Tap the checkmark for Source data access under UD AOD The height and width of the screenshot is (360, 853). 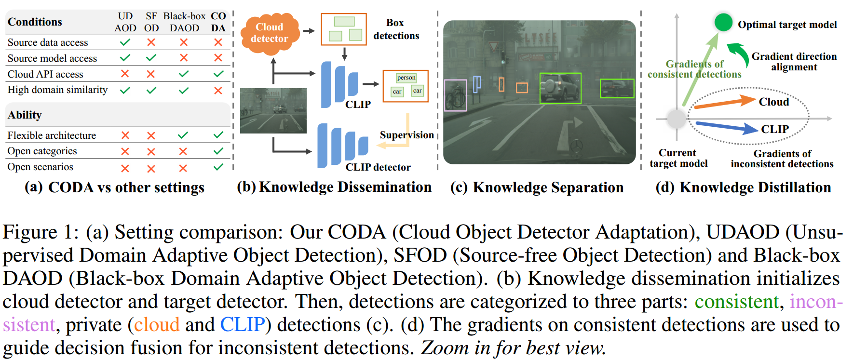tap(125, 42)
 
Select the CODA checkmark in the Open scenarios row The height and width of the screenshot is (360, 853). tap(218, 167)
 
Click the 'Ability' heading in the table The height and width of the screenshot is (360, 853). tap(25, 115)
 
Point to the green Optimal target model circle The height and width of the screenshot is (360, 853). tap(723, 22)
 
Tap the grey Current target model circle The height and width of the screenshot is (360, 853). tap(677, 119)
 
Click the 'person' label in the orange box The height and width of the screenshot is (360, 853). tap(406, 78)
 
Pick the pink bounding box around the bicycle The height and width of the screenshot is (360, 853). tap(455, 95)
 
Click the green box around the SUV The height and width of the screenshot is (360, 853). tap(560, 88)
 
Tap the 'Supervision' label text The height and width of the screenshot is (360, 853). tap(406, 135)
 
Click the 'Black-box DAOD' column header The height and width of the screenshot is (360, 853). tap(184, 22)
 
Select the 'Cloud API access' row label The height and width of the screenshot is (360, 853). tap(45, 74)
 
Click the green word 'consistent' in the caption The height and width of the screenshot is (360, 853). tap(736, 302)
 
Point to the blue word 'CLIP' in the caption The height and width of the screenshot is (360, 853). tap(243, 325)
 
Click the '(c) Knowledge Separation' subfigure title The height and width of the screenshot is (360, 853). tap(537, 187)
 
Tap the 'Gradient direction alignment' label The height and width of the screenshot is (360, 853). tap(794, 62)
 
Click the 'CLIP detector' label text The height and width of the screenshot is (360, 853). tap(378, 167)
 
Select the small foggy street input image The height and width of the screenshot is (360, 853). tap(273, 111)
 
